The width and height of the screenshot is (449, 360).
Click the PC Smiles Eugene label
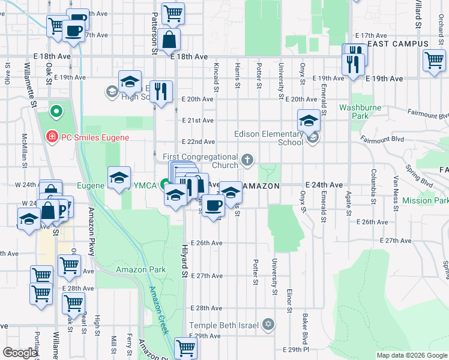tap(95, 137)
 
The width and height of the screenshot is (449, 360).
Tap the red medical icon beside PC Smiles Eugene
tap(53, 137)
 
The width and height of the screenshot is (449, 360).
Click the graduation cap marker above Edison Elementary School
tap(309, 121)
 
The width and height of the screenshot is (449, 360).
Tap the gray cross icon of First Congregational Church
tap(247, 160)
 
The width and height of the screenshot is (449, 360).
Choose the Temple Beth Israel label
tap(224, 325)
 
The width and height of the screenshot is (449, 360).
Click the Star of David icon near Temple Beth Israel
tap(268, 325)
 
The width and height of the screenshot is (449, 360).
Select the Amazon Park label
tap(140, 270)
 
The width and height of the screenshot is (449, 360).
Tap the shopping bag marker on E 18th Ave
tap(170, 40)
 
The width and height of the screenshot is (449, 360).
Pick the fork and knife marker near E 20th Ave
tap(161, 92)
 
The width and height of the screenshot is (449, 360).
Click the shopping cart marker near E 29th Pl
tap(185, 347)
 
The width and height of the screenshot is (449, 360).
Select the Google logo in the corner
tap(20, 353)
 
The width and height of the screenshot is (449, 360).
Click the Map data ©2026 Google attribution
tap(411, 355)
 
